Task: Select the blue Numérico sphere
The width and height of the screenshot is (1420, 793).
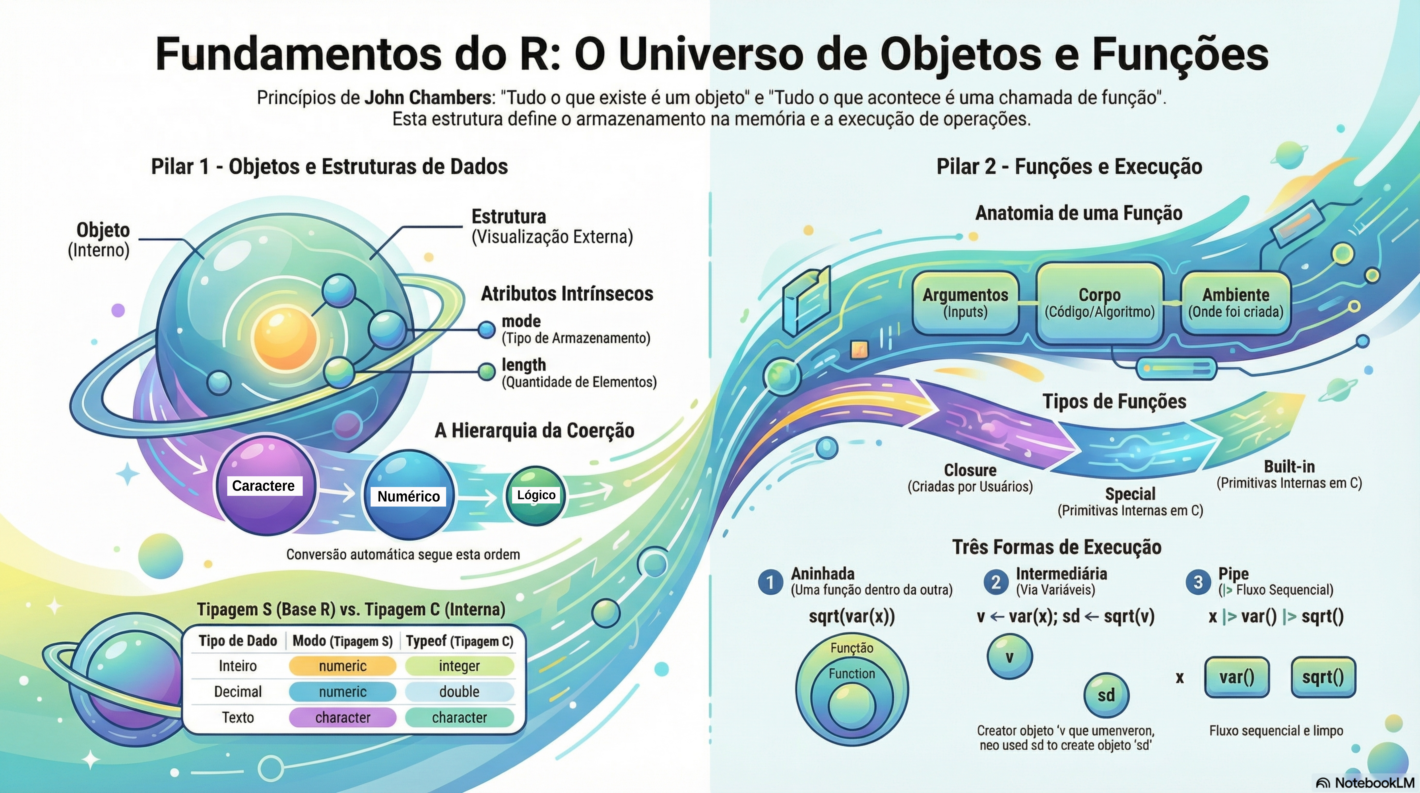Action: click(x=408, y=495)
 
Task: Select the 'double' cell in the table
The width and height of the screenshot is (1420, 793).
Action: click(x=459, y=692)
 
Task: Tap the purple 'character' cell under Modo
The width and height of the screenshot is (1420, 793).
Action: click(x=342, y=717)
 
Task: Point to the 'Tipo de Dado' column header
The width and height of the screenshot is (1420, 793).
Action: click(x=238, y=641)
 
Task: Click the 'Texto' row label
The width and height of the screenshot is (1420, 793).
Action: click(x=238, y=717)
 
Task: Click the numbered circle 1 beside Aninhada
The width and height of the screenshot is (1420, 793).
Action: click(x=770, y=582)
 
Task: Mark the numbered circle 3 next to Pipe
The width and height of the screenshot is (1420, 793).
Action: click(x=1198, y=582)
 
